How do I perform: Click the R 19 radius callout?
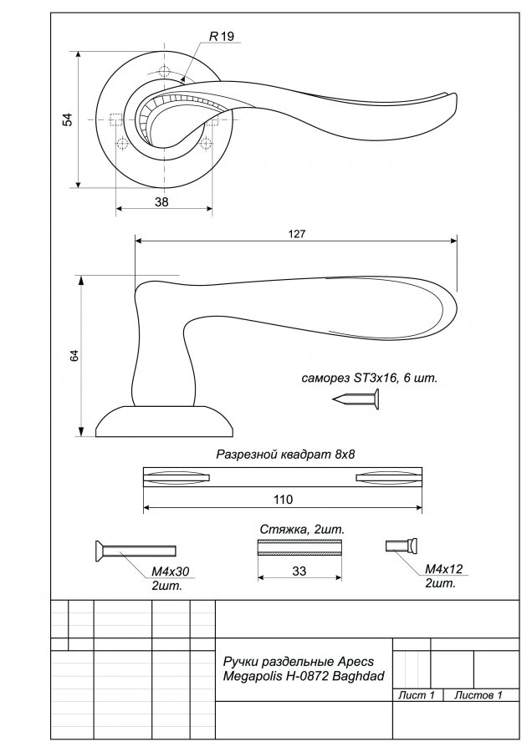pyautogui.click(x=222, y=37)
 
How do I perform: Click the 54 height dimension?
pyautogui.click(x=69, y=119)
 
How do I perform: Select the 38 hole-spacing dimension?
pyautogui.click(x=161, y=202)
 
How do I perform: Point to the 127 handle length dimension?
pyautogui.click(x=297, y=234)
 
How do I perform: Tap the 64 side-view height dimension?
pyautogui.click(x=74, y=356)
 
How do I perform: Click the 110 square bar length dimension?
pyautogui.click(x=283, y=500)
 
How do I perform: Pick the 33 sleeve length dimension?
pyautogui.click(x=299, y=571)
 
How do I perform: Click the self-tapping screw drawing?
pyautogui.click(x=356, y=399)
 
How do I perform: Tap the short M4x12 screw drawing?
pyautogui.click(x=402, y=546)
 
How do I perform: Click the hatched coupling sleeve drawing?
pyautogui.click(x=299, y=547)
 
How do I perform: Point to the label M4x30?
pyautogui.click(x=171, y=572)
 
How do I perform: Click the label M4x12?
pyautogui.click(x=444, y=569)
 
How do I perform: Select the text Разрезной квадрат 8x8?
pyautogui.click(x=285, y=455)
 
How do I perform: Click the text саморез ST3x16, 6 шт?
pyautogui.click(x=370, y=378)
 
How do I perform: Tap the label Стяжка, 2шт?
pyautogui.click(x=303, y=530)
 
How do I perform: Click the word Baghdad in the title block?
pyautogui.click(x=358, y=677)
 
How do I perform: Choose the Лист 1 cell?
pyautogui.click(x=417, y=695)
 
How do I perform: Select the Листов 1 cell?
pyautogui.click(x=478, y=695)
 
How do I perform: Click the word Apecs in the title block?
pyautogui.click(x=356, y=662)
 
